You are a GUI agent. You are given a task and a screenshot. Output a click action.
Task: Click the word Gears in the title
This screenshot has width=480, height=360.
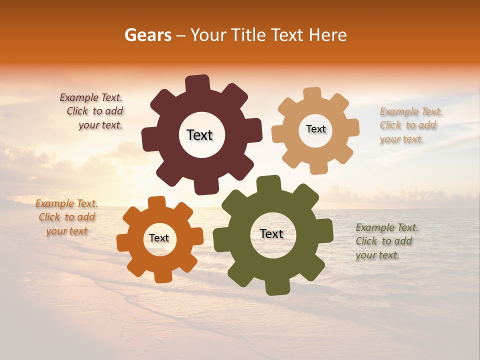(147, 35)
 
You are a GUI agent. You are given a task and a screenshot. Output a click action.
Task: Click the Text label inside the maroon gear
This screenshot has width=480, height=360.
(199, 135)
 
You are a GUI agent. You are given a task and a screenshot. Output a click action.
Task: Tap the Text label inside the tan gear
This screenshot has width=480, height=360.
(315, 129)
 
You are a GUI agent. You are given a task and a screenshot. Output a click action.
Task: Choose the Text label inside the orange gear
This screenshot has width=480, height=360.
(159, 238)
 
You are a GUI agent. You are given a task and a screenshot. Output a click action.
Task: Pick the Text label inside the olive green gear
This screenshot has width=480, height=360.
(271, 233)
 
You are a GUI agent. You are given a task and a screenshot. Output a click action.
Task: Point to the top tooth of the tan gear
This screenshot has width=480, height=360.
(312, 94)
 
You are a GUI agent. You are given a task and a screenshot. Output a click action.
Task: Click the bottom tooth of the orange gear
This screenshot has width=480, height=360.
(162, 275)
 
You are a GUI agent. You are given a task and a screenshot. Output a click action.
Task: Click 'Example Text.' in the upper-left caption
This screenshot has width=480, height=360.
(91, 97)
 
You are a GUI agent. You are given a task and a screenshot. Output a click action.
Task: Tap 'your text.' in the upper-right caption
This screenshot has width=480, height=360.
(401, 139)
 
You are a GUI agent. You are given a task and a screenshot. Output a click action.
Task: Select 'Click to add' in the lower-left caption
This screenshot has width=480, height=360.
(66, 217)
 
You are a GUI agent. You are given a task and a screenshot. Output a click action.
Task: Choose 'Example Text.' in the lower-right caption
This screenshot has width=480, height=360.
(387, 227)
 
